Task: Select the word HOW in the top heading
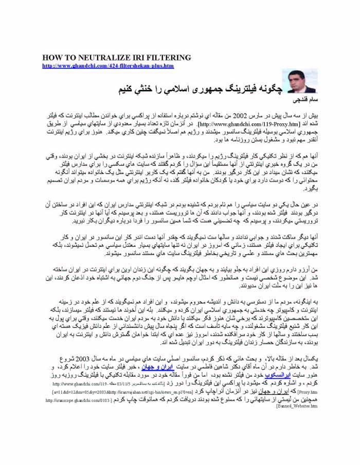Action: pos(51,58)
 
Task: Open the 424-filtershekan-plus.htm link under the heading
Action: pos(108,66)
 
